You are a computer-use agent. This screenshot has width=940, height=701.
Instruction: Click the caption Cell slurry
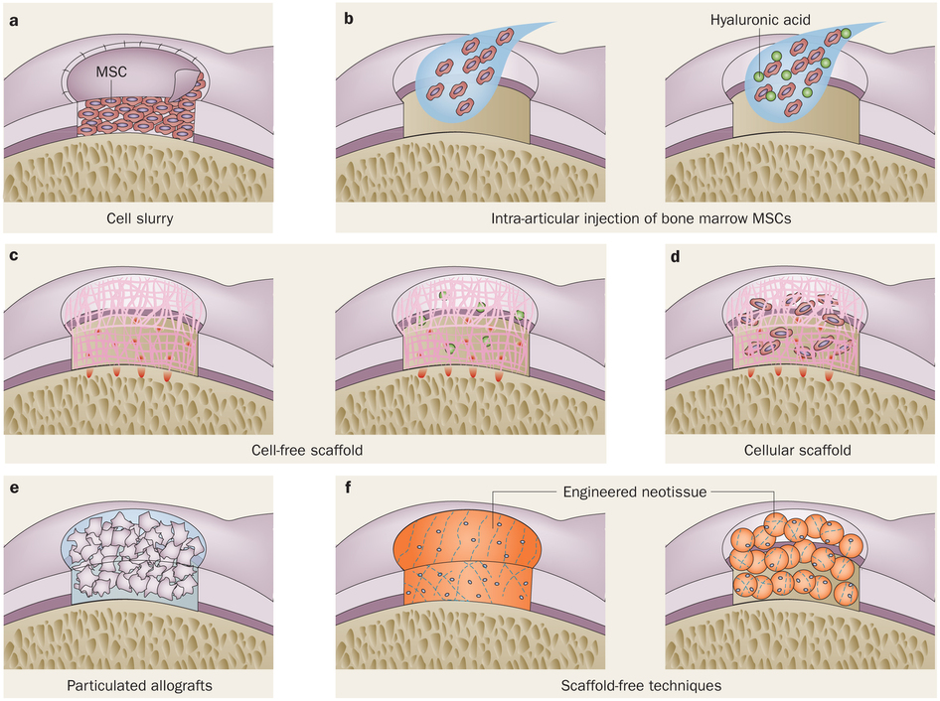pyautogui.click(x=140, y=217)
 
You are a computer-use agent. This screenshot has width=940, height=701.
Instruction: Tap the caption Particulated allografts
pyautogui.click(x=140, y=685)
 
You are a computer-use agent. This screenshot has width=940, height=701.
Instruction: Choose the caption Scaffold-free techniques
pyautogui.click(x=637, y=685)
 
